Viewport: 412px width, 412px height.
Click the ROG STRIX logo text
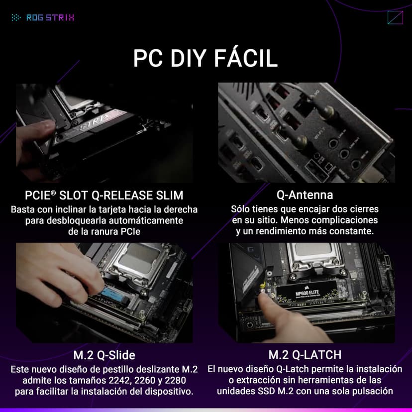[x=50, y=17]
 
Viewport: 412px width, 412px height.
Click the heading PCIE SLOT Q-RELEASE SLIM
[x=104, y=195]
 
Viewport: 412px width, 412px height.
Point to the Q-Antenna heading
[x=305, y=195]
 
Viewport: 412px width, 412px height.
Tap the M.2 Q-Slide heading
[x=104, y=355]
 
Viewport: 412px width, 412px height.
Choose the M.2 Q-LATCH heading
[x=305, y=355]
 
